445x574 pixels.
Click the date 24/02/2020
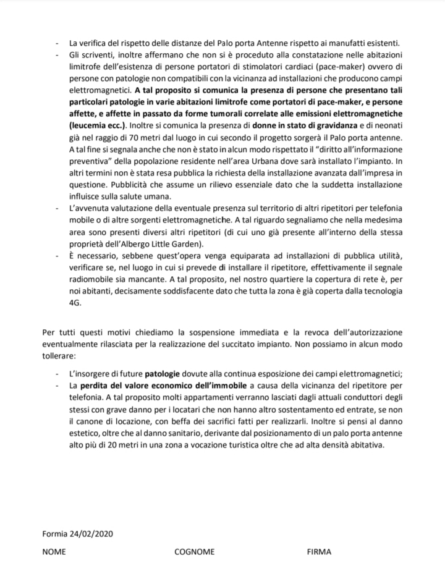91,533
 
